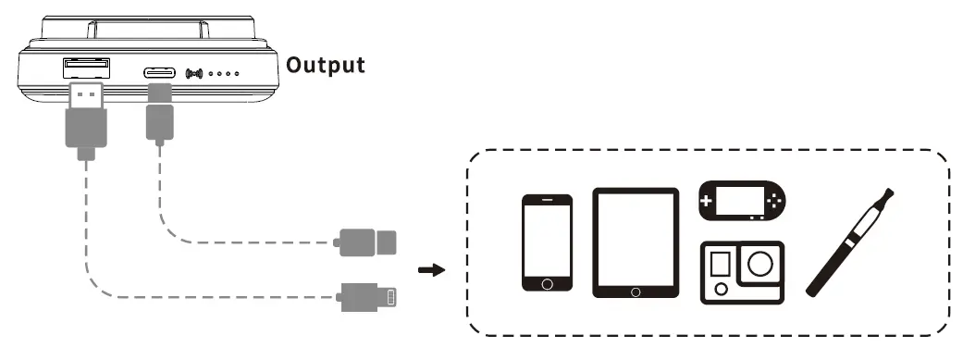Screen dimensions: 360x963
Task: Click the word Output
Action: click(x=325, y=66)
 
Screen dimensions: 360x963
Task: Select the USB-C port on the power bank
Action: click(x=160, y=71)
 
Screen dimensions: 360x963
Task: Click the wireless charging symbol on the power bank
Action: click(x=194, y=72)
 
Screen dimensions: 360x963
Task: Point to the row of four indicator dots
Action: click(x=225, y=72)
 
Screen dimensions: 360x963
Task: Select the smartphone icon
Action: click(x=547, y=242)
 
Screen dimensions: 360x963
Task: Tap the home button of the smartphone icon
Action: click(x=547, y=282)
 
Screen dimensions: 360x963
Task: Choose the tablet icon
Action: click(x=636, y=242)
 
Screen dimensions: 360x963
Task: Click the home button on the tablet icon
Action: click(x=636, y=292)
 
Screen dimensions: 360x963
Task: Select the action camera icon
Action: click(x=742, y=272)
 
